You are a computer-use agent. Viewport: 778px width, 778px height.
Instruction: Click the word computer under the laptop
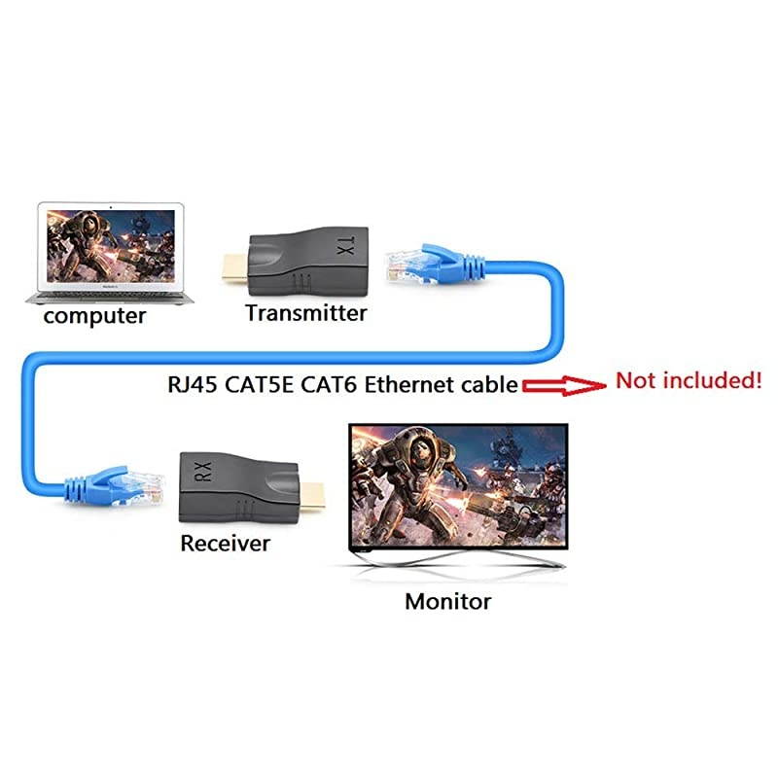point(94,316)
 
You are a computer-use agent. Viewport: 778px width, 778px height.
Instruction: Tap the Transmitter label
point(305,313)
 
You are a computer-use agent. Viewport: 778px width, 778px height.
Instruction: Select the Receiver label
point(225,543)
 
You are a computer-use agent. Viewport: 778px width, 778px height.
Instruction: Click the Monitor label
point(447,601)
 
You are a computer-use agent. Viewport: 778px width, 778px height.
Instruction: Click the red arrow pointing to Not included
point(563,385)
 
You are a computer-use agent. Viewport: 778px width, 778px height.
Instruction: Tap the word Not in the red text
point(636,380)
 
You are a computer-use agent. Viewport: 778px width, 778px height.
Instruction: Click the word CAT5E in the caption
point(259,384)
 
